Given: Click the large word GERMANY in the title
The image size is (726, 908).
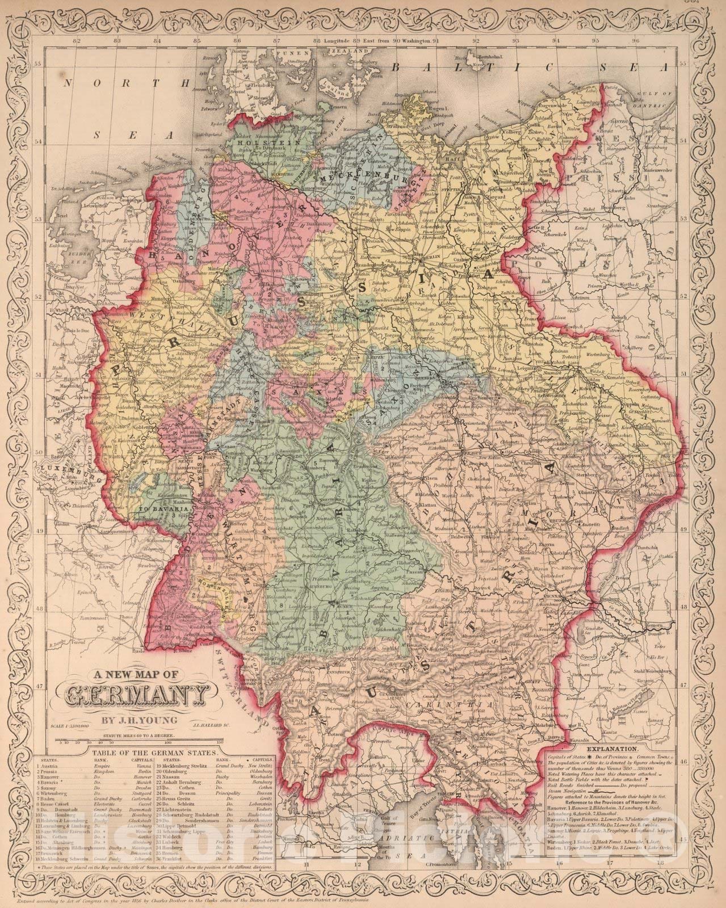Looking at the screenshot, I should pos(136,696).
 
